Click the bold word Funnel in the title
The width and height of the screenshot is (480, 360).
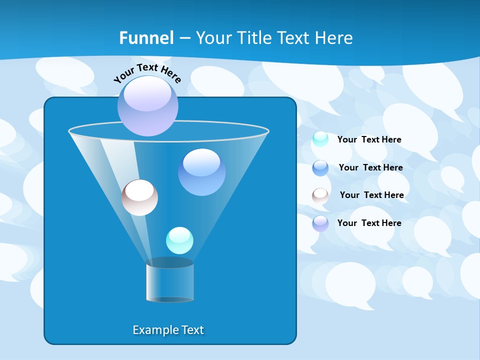[x=146, y=38]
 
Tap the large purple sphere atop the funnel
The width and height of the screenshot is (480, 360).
[x=148, y=106]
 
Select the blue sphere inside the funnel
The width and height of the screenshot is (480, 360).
[x=201, y=172]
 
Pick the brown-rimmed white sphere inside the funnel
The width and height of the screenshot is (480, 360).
[x=139, y=197]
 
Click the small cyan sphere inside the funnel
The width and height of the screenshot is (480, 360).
[x=179, y=240]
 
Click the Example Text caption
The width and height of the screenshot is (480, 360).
[x=168, y=330]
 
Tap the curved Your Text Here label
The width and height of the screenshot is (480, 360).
[x=147, y=72]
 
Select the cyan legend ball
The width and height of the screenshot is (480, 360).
[x=320, y=139]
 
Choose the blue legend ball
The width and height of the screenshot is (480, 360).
[x=320, y=167]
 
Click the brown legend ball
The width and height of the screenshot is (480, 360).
[x=320, y=195]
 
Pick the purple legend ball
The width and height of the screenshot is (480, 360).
[x=320, y=223]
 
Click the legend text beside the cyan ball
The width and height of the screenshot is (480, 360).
[x=369, y=139]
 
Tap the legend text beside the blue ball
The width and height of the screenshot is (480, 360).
[x=370, y=167]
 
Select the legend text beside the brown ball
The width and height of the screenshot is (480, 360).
[x=371, y=195]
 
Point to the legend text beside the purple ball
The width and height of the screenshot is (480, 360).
[x=369, y=223]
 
